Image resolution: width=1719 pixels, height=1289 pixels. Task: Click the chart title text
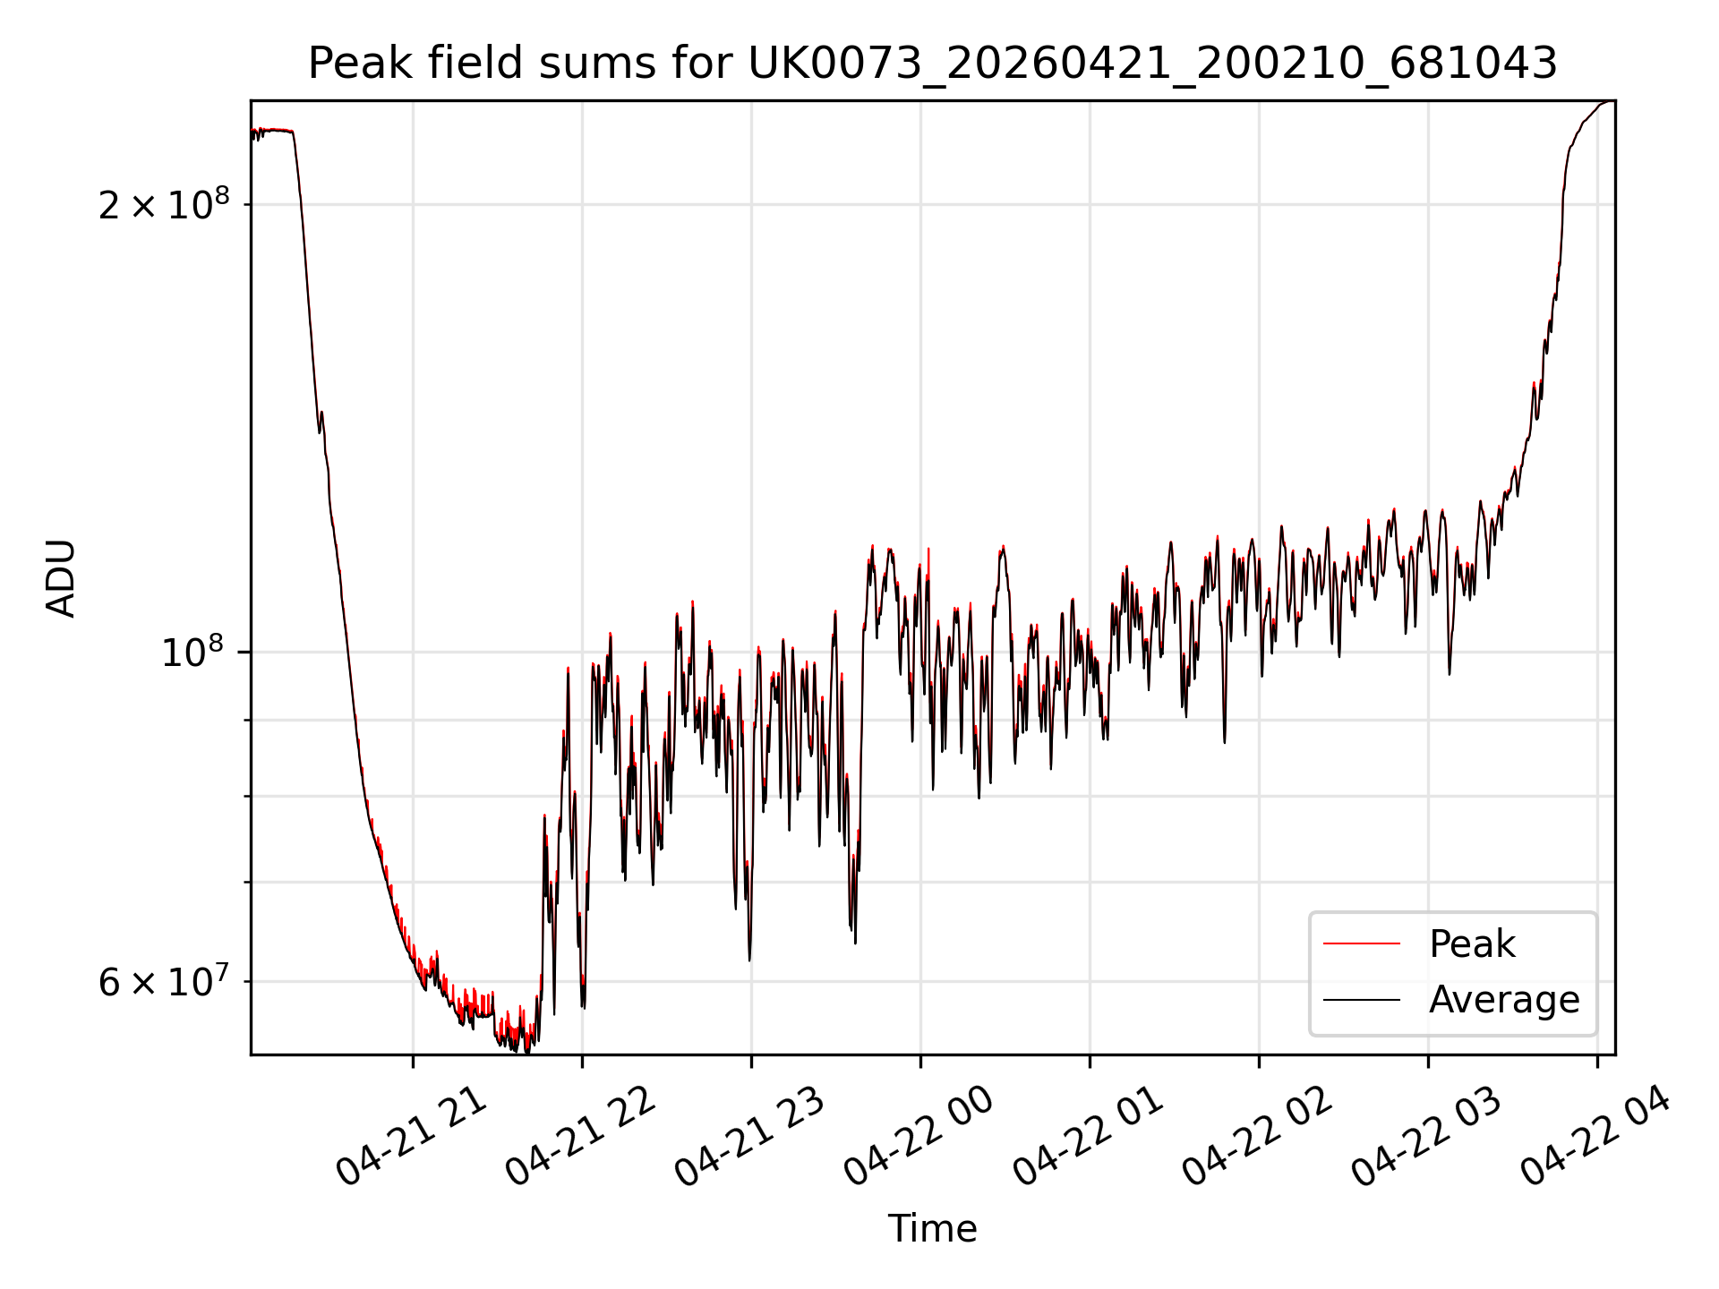(x=933, y=64)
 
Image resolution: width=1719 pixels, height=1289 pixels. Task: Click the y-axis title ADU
(x=61, y=578)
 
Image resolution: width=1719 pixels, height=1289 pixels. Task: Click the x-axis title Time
(x=932, y=1228)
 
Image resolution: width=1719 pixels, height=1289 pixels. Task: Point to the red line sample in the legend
(x=1362, y=943)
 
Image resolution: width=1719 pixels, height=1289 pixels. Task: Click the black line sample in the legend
(x=1362, y=999)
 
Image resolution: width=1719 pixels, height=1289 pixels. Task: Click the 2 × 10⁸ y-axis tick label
(x=164, y=205)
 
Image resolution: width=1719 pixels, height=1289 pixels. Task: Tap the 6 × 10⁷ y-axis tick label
(x=164, y=981)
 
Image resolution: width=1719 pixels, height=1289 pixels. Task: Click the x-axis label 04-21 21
(x=413, y=1137)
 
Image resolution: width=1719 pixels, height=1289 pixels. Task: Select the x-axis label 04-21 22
(x=582, y=1137)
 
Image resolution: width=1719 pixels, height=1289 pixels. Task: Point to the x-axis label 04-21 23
(x=750, y=1137)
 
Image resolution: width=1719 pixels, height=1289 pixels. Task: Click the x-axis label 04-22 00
(x=919, y=1137)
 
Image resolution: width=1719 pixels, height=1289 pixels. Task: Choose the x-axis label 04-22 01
(x=1089, y=1137)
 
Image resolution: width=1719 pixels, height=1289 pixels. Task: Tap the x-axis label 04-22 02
(x=1258, y=1137)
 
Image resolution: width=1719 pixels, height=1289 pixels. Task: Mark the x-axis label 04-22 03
(x=1427, y=1137)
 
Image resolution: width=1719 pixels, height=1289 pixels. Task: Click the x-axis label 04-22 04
(x=1596, y=1137)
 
